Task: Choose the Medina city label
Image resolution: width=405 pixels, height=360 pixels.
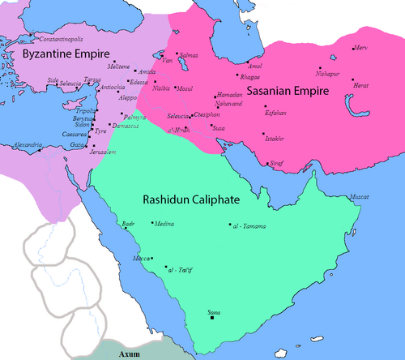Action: point(163,223)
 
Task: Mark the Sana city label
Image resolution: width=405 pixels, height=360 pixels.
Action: point(213,311)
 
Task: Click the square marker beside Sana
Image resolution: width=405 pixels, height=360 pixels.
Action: point(213,318)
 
